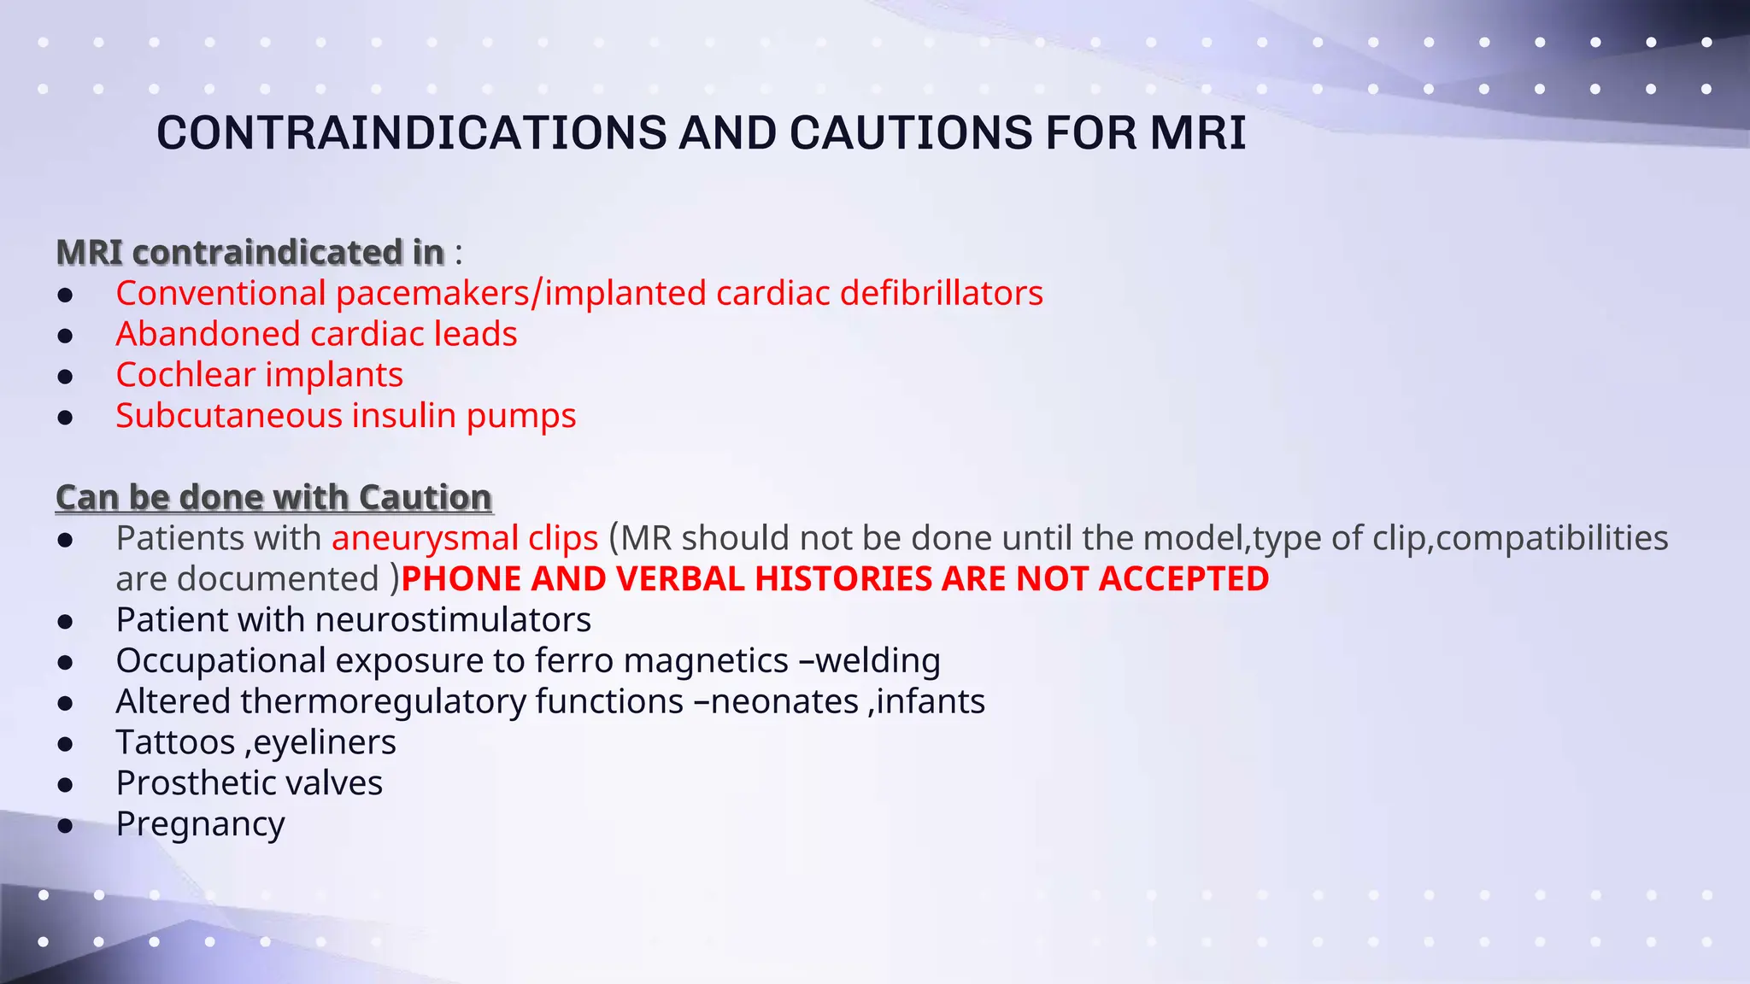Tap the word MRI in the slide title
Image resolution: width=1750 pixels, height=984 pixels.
(1198, 133)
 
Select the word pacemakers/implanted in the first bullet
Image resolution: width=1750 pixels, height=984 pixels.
(521, 293)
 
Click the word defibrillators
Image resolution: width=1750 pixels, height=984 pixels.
(942, 293)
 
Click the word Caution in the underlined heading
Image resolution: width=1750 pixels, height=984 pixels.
(425, 497)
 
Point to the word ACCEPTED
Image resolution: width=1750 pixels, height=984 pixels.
(1183, 579)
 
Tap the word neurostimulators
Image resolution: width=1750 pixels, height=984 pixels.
(453, 620)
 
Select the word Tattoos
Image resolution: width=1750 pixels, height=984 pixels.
(175, 742)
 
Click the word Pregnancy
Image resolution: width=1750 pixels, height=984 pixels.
(200, 824)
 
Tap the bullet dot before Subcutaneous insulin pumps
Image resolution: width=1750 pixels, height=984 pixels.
(66, 418)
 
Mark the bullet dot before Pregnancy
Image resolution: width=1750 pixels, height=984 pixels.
(66, 826)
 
